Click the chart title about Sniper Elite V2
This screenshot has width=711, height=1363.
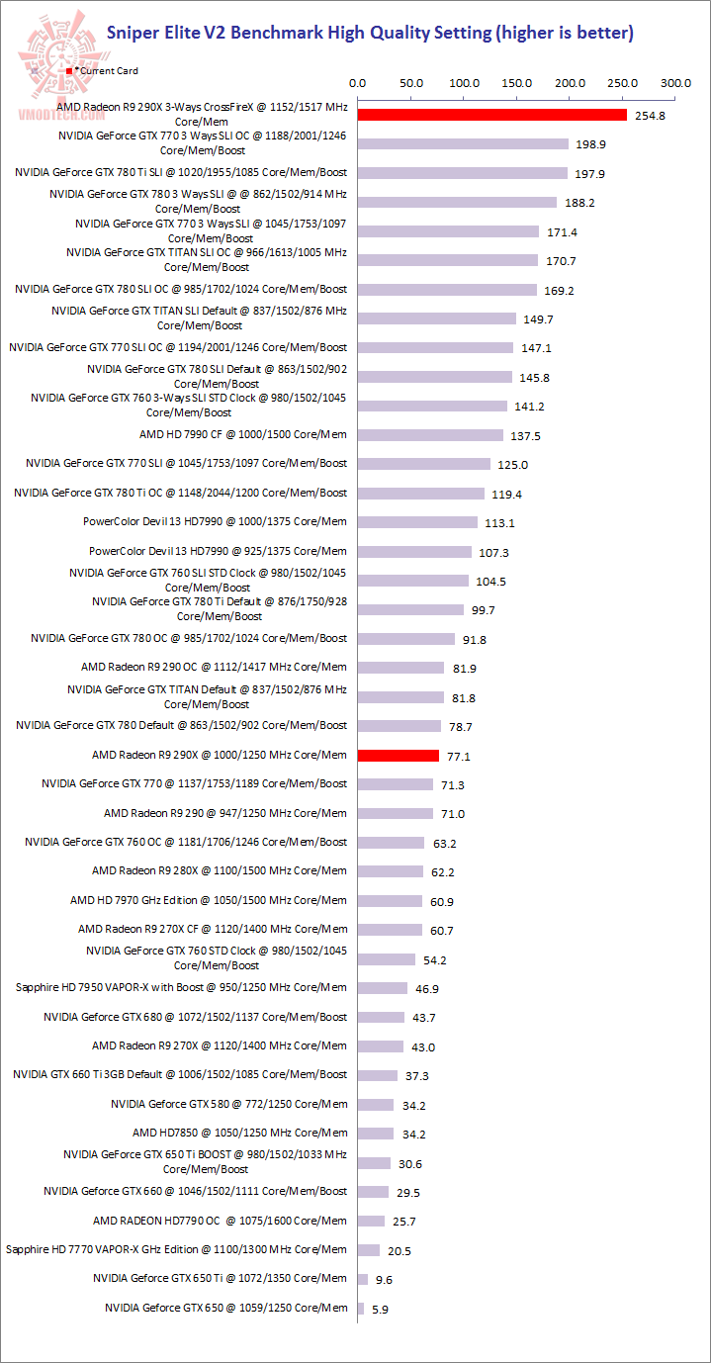(370, 33)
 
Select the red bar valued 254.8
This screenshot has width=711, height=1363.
(491, 115)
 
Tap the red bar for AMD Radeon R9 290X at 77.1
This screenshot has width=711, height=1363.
(398, 756)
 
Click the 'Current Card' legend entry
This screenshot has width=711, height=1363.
(103, 71)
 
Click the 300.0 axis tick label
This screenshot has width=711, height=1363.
(675, 83)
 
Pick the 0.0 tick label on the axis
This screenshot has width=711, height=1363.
(358, 83)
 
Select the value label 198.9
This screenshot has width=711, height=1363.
(590, 144)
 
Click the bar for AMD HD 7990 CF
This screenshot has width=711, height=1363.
(430, 435)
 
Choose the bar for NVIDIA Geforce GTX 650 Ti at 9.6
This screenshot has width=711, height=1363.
(362, 1279)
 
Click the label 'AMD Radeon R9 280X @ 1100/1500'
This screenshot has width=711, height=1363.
(220, 871)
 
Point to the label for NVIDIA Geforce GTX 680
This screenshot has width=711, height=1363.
(195, 1017)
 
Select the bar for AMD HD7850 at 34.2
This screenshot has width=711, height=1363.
(376, 1134)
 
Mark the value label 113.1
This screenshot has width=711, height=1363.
(500, 523)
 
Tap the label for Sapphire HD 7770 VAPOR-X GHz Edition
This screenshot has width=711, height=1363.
(176, 1250)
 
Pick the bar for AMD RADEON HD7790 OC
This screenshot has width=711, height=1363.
(371, 1221)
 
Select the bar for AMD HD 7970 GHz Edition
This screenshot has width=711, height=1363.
(390, 901)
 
